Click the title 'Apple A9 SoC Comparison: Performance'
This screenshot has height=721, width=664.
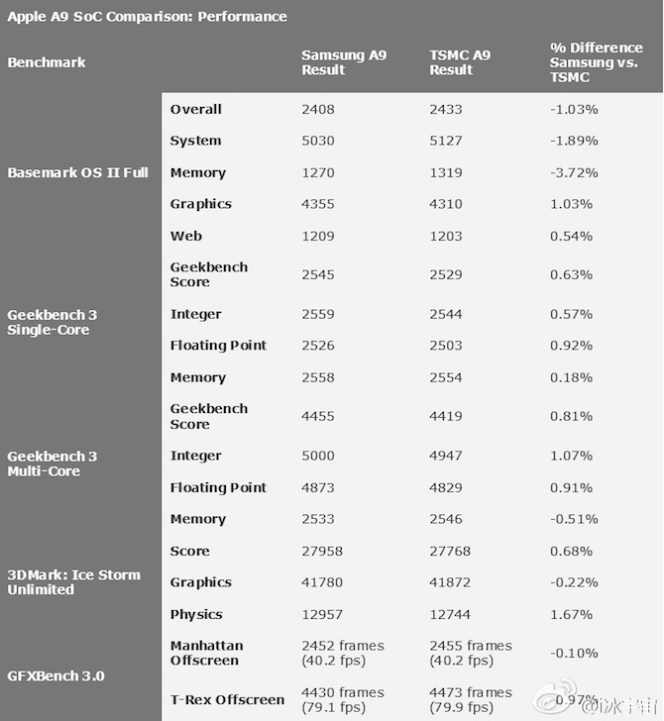147,16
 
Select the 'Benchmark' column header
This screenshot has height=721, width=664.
47,62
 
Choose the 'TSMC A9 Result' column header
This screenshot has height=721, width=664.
460,62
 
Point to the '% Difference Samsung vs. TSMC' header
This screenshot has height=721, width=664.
597,62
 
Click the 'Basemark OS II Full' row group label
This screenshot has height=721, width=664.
77,172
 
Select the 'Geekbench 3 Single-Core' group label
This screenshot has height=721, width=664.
53,322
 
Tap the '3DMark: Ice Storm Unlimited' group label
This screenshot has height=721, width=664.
73,582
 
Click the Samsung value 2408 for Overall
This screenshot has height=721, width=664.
318,109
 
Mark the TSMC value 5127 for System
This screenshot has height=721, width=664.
446,141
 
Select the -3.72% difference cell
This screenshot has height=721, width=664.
574,172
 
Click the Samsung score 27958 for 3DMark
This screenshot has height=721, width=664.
322,551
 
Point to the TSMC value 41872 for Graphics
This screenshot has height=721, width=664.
450,582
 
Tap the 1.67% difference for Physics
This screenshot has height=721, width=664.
571,614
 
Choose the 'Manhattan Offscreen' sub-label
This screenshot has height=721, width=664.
206,653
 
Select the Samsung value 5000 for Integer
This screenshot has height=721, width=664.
318,456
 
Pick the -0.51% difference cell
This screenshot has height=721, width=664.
574,519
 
